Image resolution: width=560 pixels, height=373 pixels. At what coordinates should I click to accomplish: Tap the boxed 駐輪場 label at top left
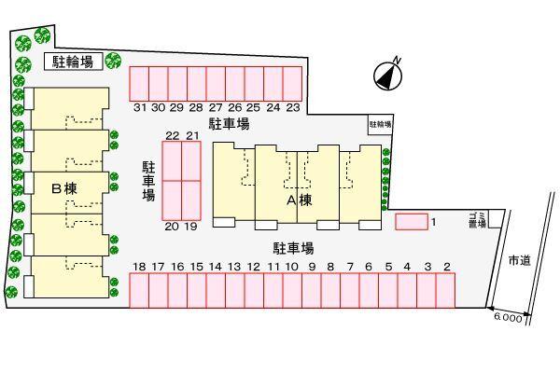pyautogui.click(x=72, y=62)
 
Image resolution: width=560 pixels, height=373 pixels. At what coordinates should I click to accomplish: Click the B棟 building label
pyautogui.click(x=63, y=188)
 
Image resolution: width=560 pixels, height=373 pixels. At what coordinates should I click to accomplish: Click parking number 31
pyautogui.click(x=139, y=107)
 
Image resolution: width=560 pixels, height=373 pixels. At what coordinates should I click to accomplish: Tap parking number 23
pyautogui.click(x=293, y=107)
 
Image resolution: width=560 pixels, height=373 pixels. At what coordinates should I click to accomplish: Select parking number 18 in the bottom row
pyautogui.click(x=139, y=268)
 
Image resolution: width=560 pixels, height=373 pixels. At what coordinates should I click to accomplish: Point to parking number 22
pyautogui.click(x=172, y=135)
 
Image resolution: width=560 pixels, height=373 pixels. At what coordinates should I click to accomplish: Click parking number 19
pyautogui.click(x=191, y=227)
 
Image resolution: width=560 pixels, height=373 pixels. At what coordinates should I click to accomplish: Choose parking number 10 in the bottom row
pyautogui.click(x=292, y=268)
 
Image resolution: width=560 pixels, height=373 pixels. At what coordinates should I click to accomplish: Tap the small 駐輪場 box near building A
pyautogui.click(x=380, y=123)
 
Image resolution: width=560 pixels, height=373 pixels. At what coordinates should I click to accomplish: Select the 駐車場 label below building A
pyautogui.click(x=292, y=248)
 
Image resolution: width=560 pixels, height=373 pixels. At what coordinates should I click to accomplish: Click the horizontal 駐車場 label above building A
pyautogui.click(x=228, y=124)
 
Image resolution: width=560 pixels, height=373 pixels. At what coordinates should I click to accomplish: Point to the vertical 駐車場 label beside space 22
pyautogui.click(x=148, y=180)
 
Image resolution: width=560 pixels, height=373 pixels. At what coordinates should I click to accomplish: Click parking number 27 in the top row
pyautogui.click(x=216, y=107)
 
